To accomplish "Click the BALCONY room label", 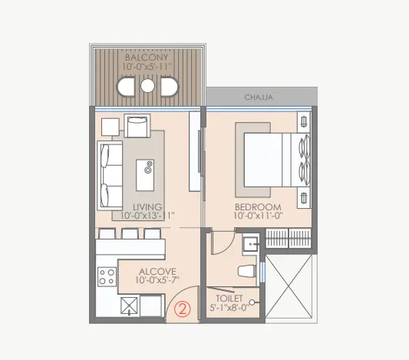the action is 147,58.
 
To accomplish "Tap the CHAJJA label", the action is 259,97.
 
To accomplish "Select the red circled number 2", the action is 183,309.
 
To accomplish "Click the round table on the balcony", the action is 147,86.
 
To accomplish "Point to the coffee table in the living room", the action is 145,175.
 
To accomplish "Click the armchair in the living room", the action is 137,126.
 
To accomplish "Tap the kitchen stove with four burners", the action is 107,277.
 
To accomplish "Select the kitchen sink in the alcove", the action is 129,306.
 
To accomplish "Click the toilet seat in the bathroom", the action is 246,270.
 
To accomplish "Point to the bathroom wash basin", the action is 250,244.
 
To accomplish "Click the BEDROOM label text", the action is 258,207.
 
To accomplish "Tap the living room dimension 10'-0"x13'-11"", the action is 147,216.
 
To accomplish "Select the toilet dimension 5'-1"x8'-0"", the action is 229,308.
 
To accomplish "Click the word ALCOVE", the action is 157,272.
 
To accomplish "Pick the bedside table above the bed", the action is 304,122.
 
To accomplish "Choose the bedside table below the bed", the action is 304,197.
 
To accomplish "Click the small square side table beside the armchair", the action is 110,127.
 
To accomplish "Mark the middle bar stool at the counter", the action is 130,234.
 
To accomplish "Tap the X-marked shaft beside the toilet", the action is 289,286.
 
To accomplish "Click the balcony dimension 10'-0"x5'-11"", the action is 147,66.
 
